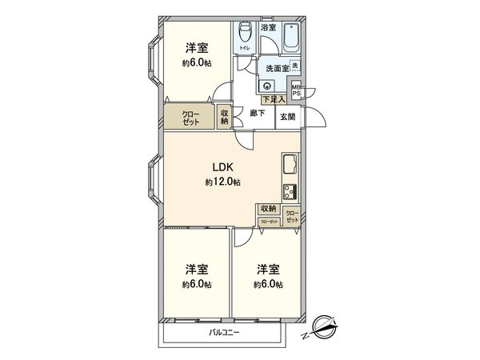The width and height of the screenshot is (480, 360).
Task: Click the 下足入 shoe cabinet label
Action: (x=272, y=99)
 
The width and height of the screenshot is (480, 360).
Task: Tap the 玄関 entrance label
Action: (x=286, y=117)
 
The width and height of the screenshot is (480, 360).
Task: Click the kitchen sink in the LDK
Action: (x=289, y=169)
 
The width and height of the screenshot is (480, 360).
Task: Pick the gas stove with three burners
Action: (x=289, y=193)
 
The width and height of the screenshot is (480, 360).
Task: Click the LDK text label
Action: (x=222, y=167)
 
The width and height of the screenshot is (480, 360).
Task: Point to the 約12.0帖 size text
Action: (x=222, y=182)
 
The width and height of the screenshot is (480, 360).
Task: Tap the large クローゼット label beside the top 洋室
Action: (x=192, y=118)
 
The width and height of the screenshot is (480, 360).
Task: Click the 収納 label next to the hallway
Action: (x=225, y=118)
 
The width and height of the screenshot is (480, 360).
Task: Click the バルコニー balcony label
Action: (x=225, y=332)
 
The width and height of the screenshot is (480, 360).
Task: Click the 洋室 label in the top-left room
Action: (x=197, y=48)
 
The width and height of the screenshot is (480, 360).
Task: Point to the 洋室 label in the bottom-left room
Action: (x=197, y=269)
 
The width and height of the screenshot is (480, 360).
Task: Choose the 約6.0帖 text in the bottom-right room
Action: (x=268, y=284)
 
